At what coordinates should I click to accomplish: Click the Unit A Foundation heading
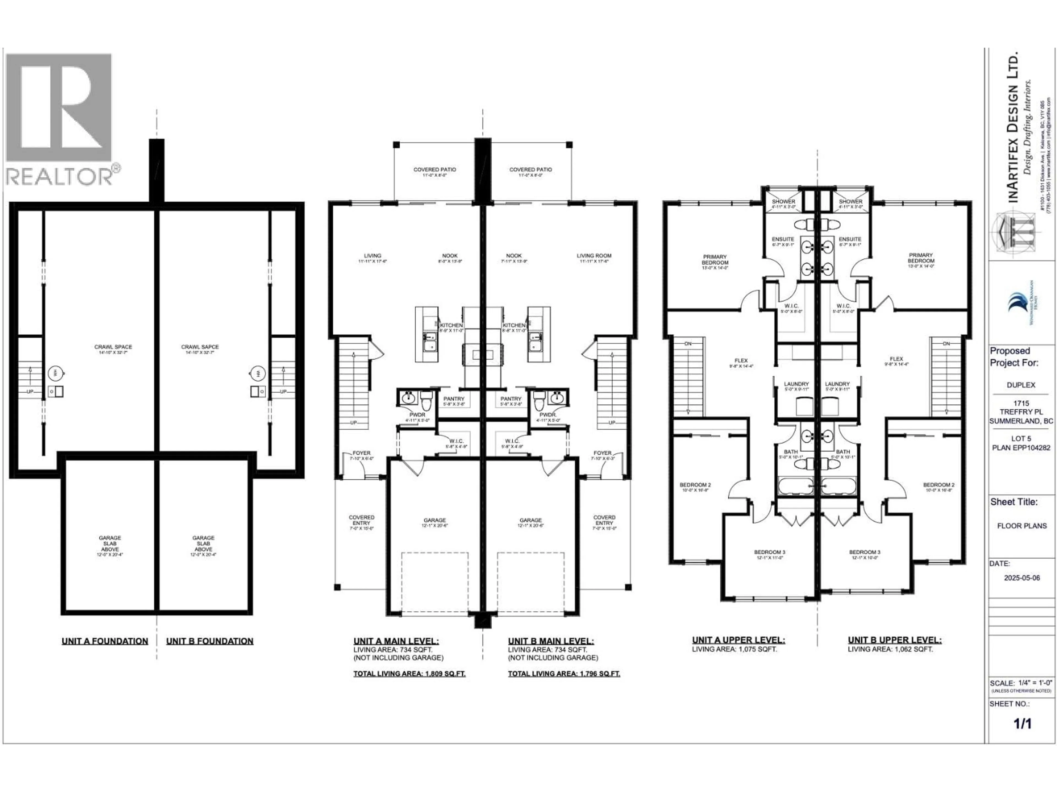pyautogui.click(x=105, y=641)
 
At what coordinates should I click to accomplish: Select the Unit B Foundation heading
pyautogui.click(x=210, y=641)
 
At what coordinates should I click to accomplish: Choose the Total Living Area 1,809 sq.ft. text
pyautogui.click(x=409, y=673)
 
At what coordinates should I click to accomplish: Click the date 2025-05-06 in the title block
pyautogui.click(x=1022, y=577)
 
